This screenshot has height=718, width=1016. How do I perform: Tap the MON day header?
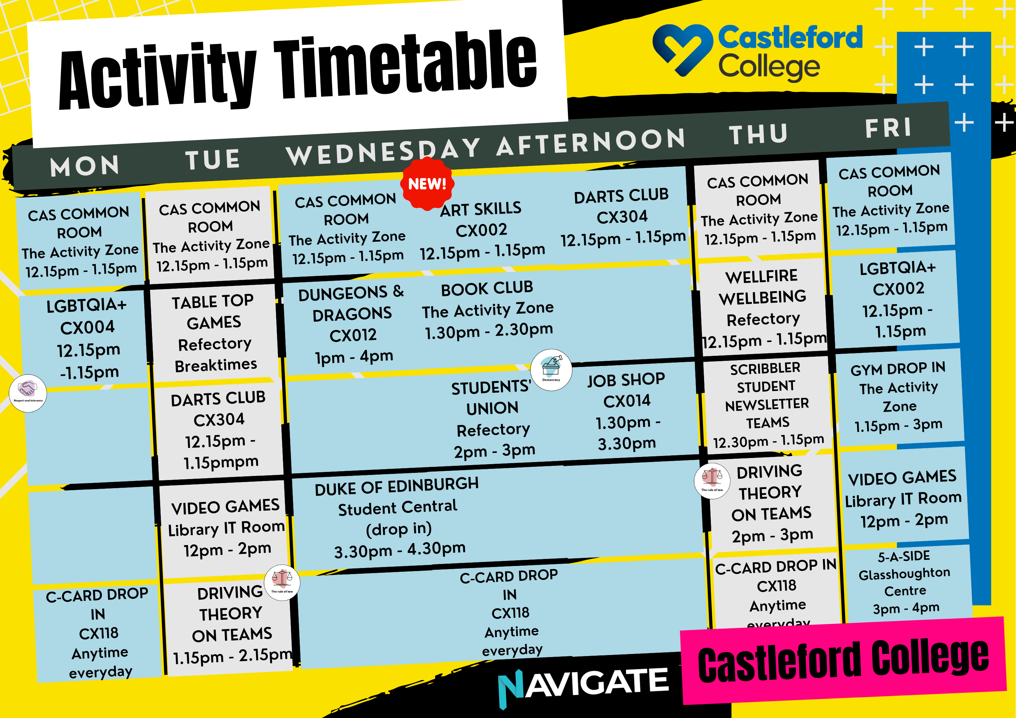tap(85, 166)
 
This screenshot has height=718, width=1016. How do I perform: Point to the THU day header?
tap(759, 134)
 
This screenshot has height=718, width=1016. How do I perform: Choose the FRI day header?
tap(889, 128)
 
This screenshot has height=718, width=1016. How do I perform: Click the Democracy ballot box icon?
tap(551, 370)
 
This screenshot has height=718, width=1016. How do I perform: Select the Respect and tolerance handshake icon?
tap(28, 393)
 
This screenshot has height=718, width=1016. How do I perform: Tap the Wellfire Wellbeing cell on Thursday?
tap(763, 307)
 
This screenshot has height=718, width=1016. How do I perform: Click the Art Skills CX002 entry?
tap(482, 230)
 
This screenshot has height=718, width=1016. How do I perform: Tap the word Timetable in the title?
tap(405, 64)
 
